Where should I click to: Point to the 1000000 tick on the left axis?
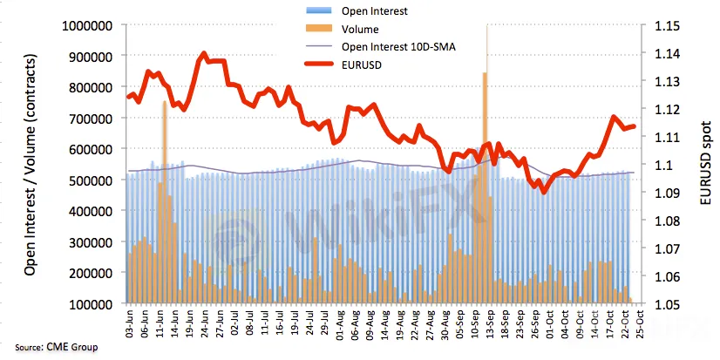click(x=85, y=26)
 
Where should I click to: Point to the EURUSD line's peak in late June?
click(x=204, y=53)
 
